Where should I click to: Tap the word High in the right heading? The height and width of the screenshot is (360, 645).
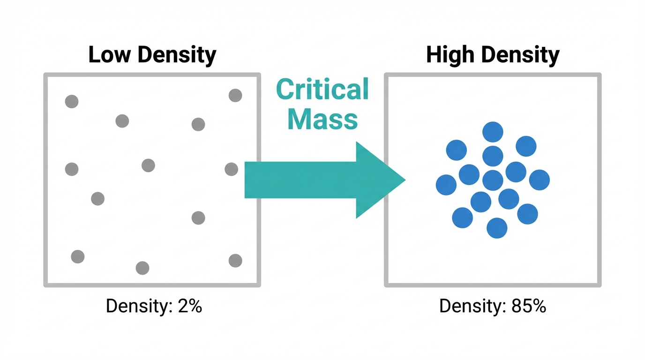(x=450, y=55)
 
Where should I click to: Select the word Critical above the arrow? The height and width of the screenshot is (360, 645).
(x=322, y=90)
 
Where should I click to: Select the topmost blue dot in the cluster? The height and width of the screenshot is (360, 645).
(x=493, y=132)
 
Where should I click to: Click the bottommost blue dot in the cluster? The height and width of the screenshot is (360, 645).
(x=497, y=228)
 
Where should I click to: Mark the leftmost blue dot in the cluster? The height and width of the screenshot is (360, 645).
(x=446, y=185)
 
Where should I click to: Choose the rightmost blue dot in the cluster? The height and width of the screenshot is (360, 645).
(x=539, y=180)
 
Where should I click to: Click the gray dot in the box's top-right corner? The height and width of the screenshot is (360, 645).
(x=235, y=96)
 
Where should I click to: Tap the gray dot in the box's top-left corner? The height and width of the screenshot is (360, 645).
(x=72, y=101)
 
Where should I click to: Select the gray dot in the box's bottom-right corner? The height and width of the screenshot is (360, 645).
(x=235, y=261)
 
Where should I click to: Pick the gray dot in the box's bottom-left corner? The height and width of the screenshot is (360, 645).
(x=78, y=256)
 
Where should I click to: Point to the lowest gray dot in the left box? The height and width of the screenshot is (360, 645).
(x=142, y=268)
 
